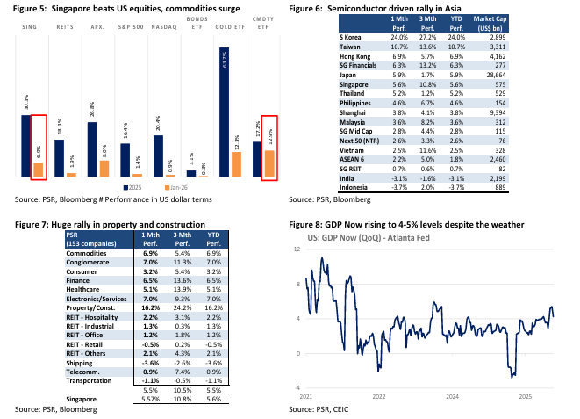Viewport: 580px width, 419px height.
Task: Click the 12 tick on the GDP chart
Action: click(x=297, y=249)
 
